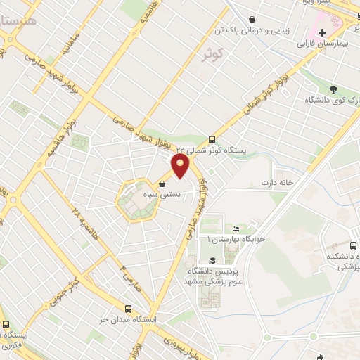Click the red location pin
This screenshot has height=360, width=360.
181,167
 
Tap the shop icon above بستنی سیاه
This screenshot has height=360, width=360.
162,184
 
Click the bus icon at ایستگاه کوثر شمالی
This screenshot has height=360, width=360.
212,139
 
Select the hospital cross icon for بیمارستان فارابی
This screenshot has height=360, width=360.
323,33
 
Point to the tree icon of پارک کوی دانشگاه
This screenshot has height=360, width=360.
334,89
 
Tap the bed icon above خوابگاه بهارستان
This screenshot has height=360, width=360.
236,229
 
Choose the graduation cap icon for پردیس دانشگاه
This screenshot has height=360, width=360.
212,261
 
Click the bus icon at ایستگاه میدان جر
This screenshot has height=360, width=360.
127,309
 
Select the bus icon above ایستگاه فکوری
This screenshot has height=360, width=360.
6,325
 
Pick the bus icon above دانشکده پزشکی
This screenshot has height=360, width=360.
354,246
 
